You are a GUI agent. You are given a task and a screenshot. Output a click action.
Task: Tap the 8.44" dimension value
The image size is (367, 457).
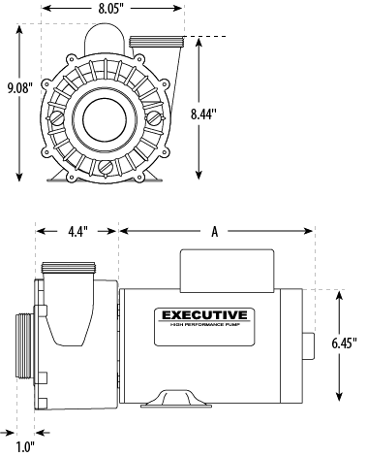[229, 114]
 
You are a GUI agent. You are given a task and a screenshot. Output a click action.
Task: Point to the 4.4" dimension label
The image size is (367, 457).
[78, 231]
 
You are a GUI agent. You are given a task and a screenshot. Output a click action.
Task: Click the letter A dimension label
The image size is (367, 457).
[214, 231]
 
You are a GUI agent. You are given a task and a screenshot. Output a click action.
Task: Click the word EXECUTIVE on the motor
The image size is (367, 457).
[202, 315]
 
